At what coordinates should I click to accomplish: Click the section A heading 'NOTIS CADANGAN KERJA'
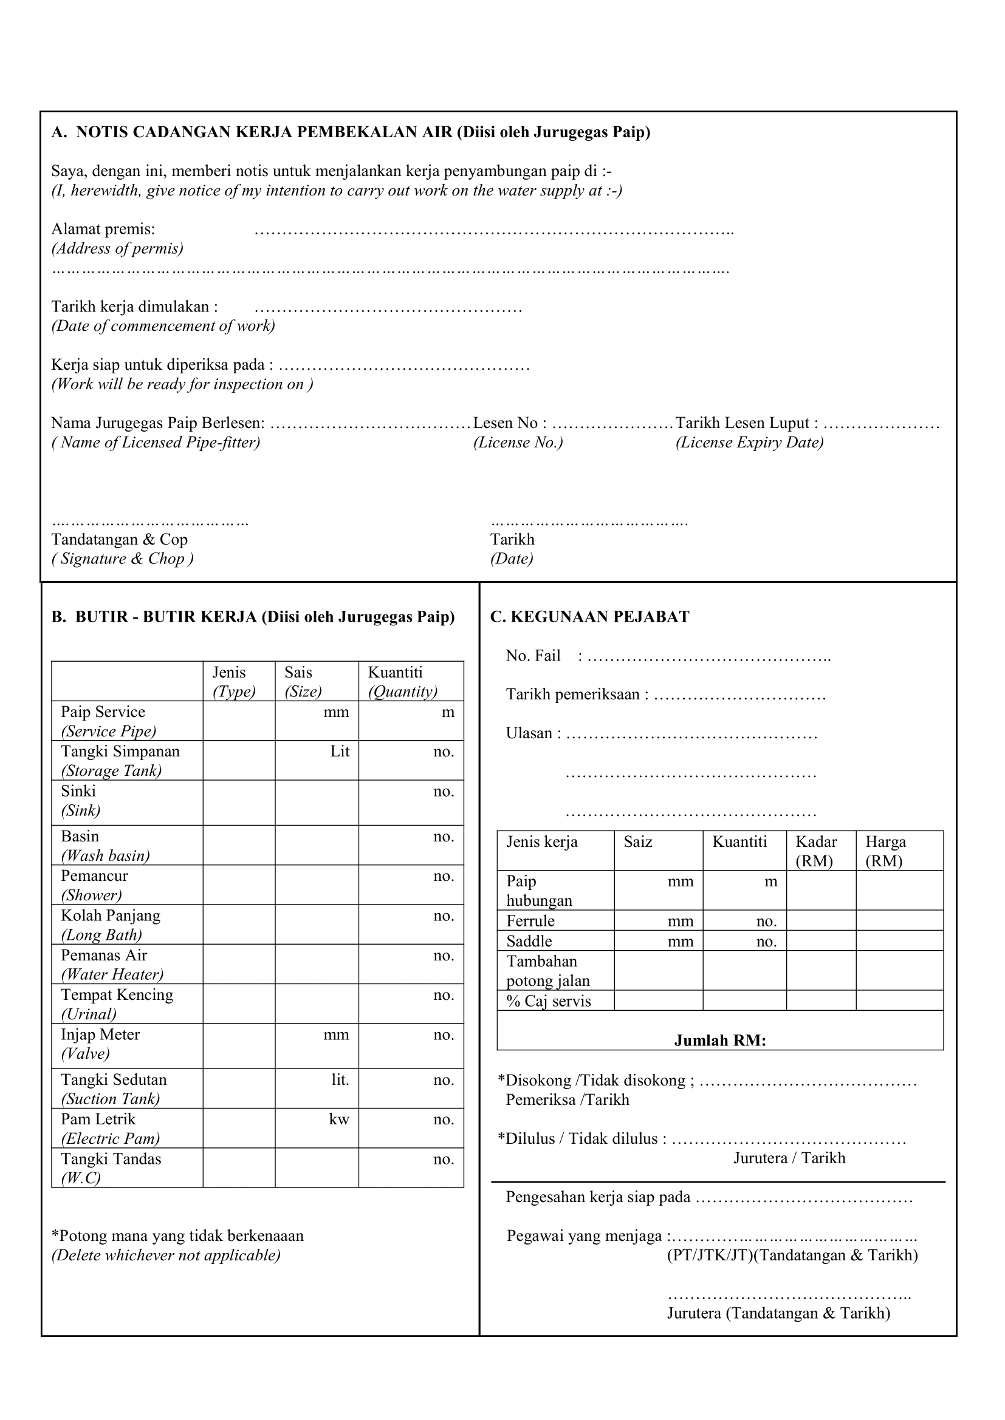(350, 132)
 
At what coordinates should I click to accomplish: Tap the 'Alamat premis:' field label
(103, 229)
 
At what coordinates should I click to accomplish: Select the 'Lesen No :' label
(509, 423)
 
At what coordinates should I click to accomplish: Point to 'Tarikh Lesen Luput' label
(746, 423)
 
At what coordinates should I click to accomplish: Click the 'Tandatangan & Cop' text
(119, 539)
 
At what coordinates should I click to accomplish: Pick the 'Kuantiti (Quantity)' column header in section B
(402, 682)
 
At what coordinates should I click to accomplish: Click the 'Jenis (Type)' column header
(233, 682)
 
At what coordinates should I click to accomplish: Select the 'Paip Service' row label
(103, 712)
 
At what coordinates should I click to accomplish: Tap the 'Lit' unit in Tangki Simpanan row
(340, 752)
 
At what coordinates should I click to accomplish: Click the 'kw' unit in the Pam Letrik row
(339, 1119)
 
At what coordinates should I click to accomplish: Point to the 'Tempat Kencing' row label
(117, 995)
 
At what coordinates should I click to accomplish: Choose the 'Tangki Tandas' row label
(111, 1159)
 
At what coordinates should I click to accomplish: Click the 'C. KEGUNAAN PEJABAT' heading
(589, 617)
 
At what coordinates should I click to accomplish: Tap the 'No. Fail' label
(533, 656)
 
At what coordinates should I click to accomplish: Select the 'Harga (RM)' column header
(885, 851)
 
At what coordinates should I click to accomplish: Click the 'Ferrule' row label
(530, 921)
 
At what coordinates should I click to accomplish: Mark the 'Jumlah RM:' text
(719, 1041)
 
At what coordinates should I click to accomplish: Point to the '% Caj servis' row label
(548, 1001)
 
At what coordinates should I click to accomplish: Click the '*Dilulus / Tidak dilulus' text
(582, 1138)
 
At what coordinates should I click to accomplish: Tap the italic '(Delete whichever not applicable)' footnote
(166, 1255)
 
